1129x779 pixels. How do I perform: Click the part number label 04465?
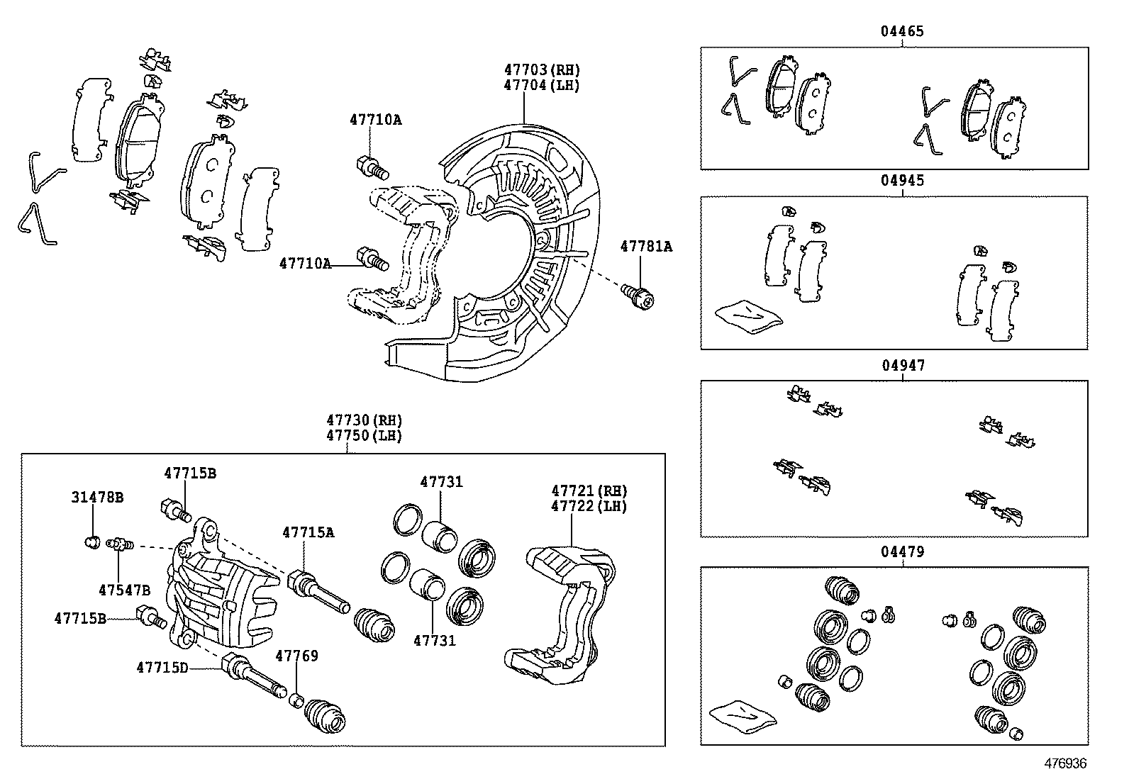point(902,31)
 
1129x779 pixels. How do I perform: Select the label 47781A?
point(646,247)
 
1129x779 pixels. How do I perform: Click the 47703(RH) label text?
point(542,69)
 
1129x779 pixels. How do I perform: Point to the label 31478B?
point(97,498)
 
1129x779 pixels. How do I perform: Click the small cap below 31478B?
point(90,543)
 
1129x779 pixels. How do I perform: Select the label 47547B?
point(125,590)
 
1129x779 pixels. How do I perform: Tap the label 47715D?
point(162,667)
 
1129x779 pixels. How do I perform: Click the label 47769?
point(296,656)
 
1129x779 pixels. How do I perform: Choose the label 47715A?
point(308,532)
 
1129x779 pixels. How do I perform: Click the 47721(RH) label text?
point(589,491)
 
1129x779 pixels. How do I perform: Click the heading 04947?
point(903,366)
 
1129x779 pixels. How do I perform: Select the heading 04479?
point(903,551)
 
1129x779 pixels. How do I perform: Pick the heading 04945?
point(903,180)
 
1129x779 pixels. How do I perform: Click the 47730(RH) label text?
point(364,420)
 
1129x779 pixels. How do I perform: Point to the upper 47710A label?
point(375,120)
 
